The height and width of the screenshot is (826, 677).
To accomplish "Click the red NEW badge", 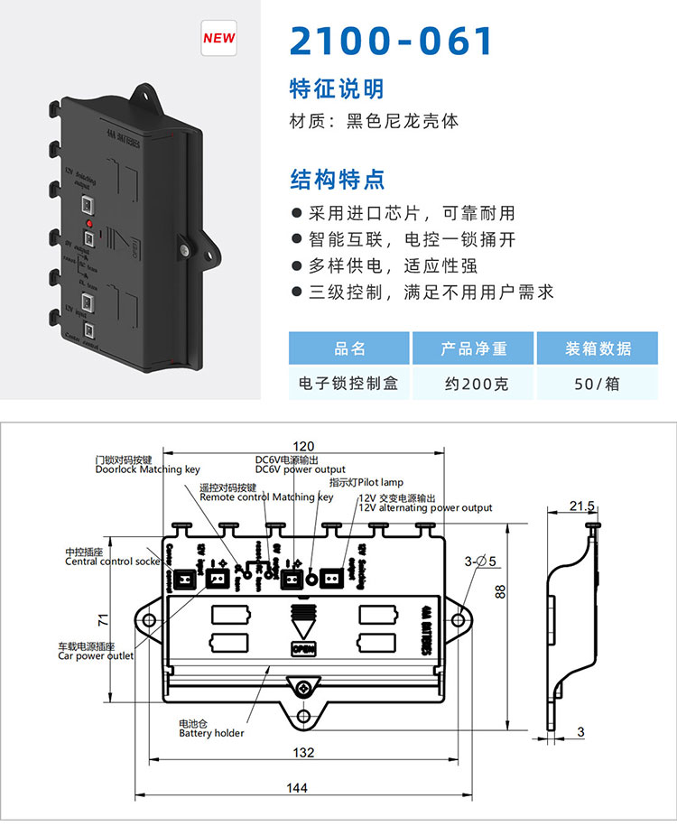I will point(218,38).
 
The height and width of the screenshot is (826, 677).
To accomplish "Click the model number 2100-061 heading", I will point(392,42).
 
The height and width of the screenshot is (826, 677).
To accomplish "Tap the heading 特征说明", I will point(337,88).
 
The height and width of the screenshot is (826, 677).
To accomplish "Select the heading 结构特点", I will point(337,179).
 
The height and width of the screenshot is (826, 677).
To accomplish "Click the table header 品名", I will point(349,348).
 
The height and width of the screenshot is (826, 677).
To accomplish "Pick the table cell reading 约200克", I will point(475,383).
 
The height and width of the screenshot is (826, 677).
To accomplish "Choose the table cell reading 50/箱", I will point(598,383).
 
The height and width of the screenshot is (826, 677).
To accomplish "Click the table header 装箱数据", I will point(598,348).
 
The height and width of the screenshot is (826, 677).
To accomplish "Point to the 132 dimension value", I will point(303,752).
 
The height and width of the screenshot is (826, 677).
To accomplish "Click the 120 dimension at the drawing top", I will point(303,446).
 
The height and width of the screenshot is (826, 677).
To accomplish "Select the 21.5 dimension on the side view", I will point(582,506).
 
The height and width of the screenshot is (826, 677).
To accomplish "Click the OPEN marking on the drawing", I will point(301,647).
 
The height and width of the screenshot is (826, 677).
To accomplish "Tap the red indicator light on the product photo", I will point(88,222).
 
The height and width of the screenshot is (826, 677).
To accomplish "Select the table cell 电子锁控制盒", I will point(349,383).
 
